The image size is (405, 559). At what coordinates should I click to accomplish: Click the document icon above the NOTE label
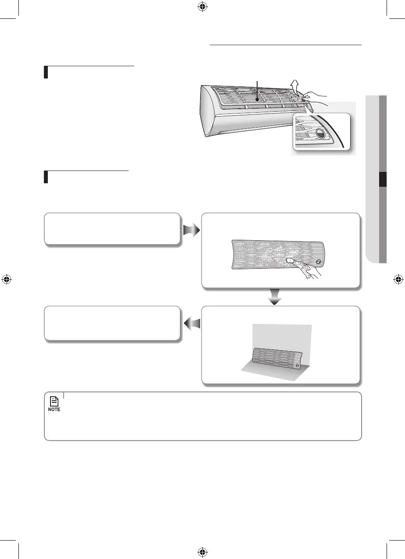click(54, 401)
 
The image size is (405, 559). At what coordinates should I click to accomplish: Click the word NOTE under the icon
click(54, 409)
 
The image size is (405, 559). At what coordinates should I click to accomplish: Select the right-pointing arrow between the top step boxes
click(190, 229)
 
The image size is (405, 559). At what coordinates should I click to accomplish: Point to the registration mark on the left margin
click(6, 279)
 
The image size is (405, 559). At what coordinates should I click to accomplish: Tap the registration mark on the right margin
click(398, 279)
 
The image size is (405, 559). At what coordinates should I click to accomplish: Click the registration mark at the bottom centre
click(202, 552)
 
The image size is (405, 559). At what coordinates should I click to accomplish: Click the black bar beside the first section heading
click(46, 72)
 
